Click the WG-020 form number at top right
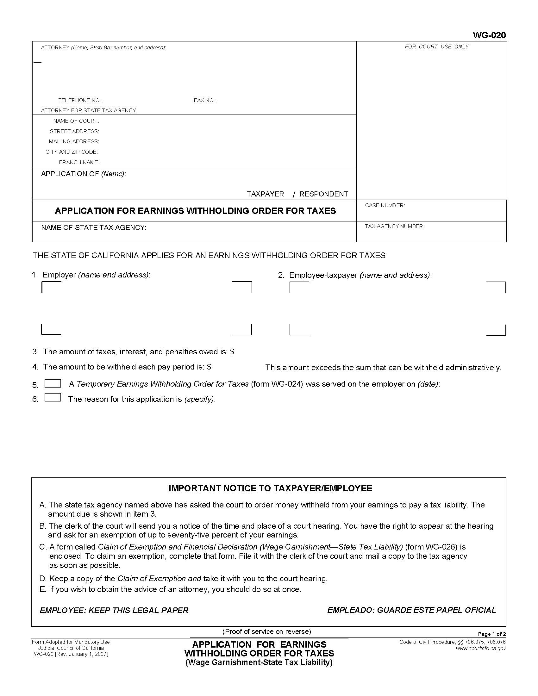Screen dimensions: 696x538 [489, 35]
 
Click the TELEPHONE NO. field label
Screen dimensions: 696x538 [80, 100]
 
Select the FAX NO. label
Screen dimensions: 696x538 [205, 100]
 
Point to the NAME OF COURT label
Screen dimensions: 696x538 [76, 121]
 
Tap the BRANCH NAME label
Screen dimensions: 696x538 [79, 163]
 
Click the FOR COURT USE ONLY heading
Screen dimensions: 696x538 [436, 47]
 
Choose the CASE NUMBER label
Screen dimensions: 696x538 [385, 206]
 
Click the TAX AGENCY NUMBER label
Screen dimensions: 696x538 [394, 226]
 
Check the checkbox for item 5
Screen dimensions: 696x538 [53, 383]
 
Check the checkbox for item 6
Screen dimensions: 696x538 [53, 397]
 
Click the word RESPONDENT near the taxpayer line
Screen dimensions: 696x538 [323, 194]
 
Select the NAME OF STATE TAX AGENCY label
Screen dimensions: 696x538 [94, 227]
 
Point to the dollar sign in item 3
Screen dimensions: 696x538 [232, 352]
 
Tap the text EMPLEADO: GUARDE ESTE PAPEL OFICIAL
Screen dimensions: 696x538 [411, 610]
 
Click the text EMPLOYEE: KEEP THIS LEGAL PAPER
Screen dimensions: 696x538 [114, 610]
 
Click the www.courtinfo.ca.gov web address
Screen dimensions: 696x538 [481, 648]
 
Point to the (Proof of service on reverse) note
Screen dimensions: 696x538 [266, 632]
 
